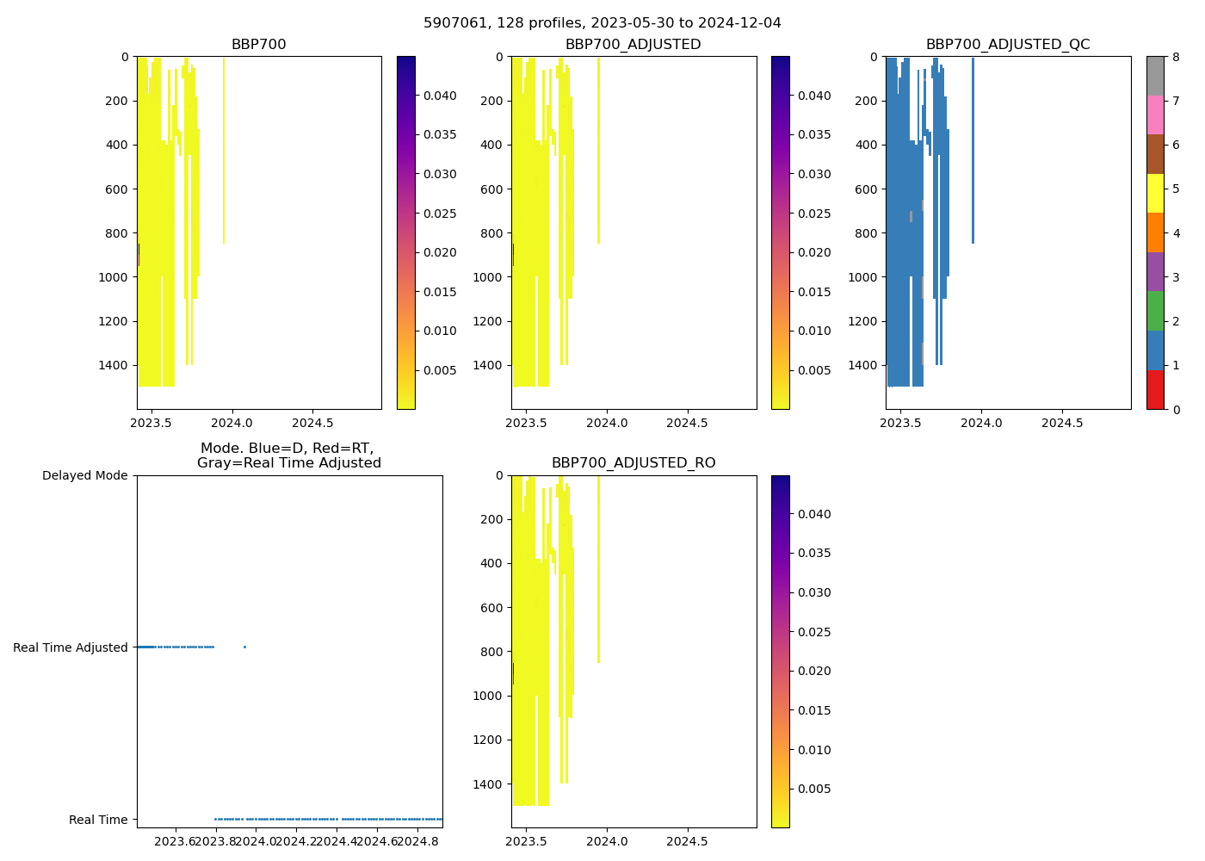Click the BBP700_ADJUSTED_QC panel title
pyautogui.click(x=1008, y=45)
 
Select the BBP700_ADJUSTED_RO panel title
pyautogui.click(x=633, y=463)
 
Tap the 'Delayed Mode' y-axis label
pyautogui.click(x=84, y=475)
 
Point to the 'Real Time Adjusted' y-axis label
pyautogui.click(x=71, y=647)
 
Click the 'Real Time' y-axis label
pyautogui.click(x=98, y=820)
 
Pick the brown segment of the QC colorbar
pyautogui.click(x=1155, y=154)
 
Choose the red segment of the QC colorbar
pyautogui.click(x=1155, y=389)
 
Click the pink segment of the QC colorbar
pyautogui.click(x=1155, y=115)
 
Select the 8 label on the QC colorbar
pyautogui.click(x=1176, y=57)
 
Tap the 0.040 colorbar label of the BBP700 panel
pyautogui.click(x=440, y=96)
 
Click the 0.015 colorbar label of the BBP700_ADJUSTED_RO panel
pyautogui.click(x=814, y=710)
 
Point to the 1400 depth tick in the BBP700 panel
pyautogui.click(x=114, y=365)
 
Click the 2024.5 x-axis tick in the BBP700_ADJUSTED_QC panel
pyautogui.click(x=1062, y=423)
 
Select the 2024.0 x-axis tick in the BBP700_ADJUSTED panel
pyautogui.click(x=608, y=423)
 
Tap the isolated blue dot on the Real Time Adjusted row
pyautogui.click(x=244, y=647)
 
